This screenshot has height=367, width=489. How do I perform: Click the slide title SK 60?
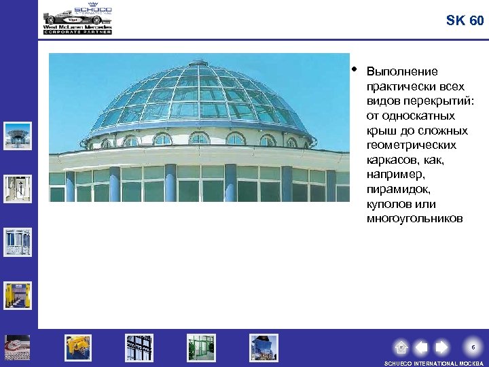[x=465, y=20]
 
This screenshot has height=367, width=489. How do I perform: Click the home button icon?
[x=401, y=347]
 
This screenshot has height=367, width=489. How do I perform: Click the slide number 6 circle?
[x=473, y=347]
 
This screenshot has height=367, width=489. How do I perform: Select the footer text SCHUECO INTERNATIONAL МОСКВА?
[x=433, y=364]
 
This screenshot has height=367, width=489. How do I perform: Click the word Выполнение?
[x=402, y=71]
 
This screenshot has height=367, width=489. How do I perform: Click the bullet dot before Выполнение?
[x=355, y=69]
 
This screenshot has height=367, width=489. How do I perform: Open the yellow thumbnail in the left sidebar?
[x=17, y=295]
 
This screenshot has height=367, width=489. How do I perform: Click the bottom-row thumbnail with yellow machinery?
[x=78, y=347]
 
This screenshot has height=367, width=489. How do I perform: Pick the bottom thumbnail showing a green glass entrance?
[x=201, y=347]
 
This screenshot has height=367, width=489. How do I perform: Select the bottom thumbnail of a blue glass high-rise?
[x=264, y=347]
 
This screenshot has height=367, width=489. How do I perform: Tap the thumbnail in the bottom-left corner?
[x=17, y=347]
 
